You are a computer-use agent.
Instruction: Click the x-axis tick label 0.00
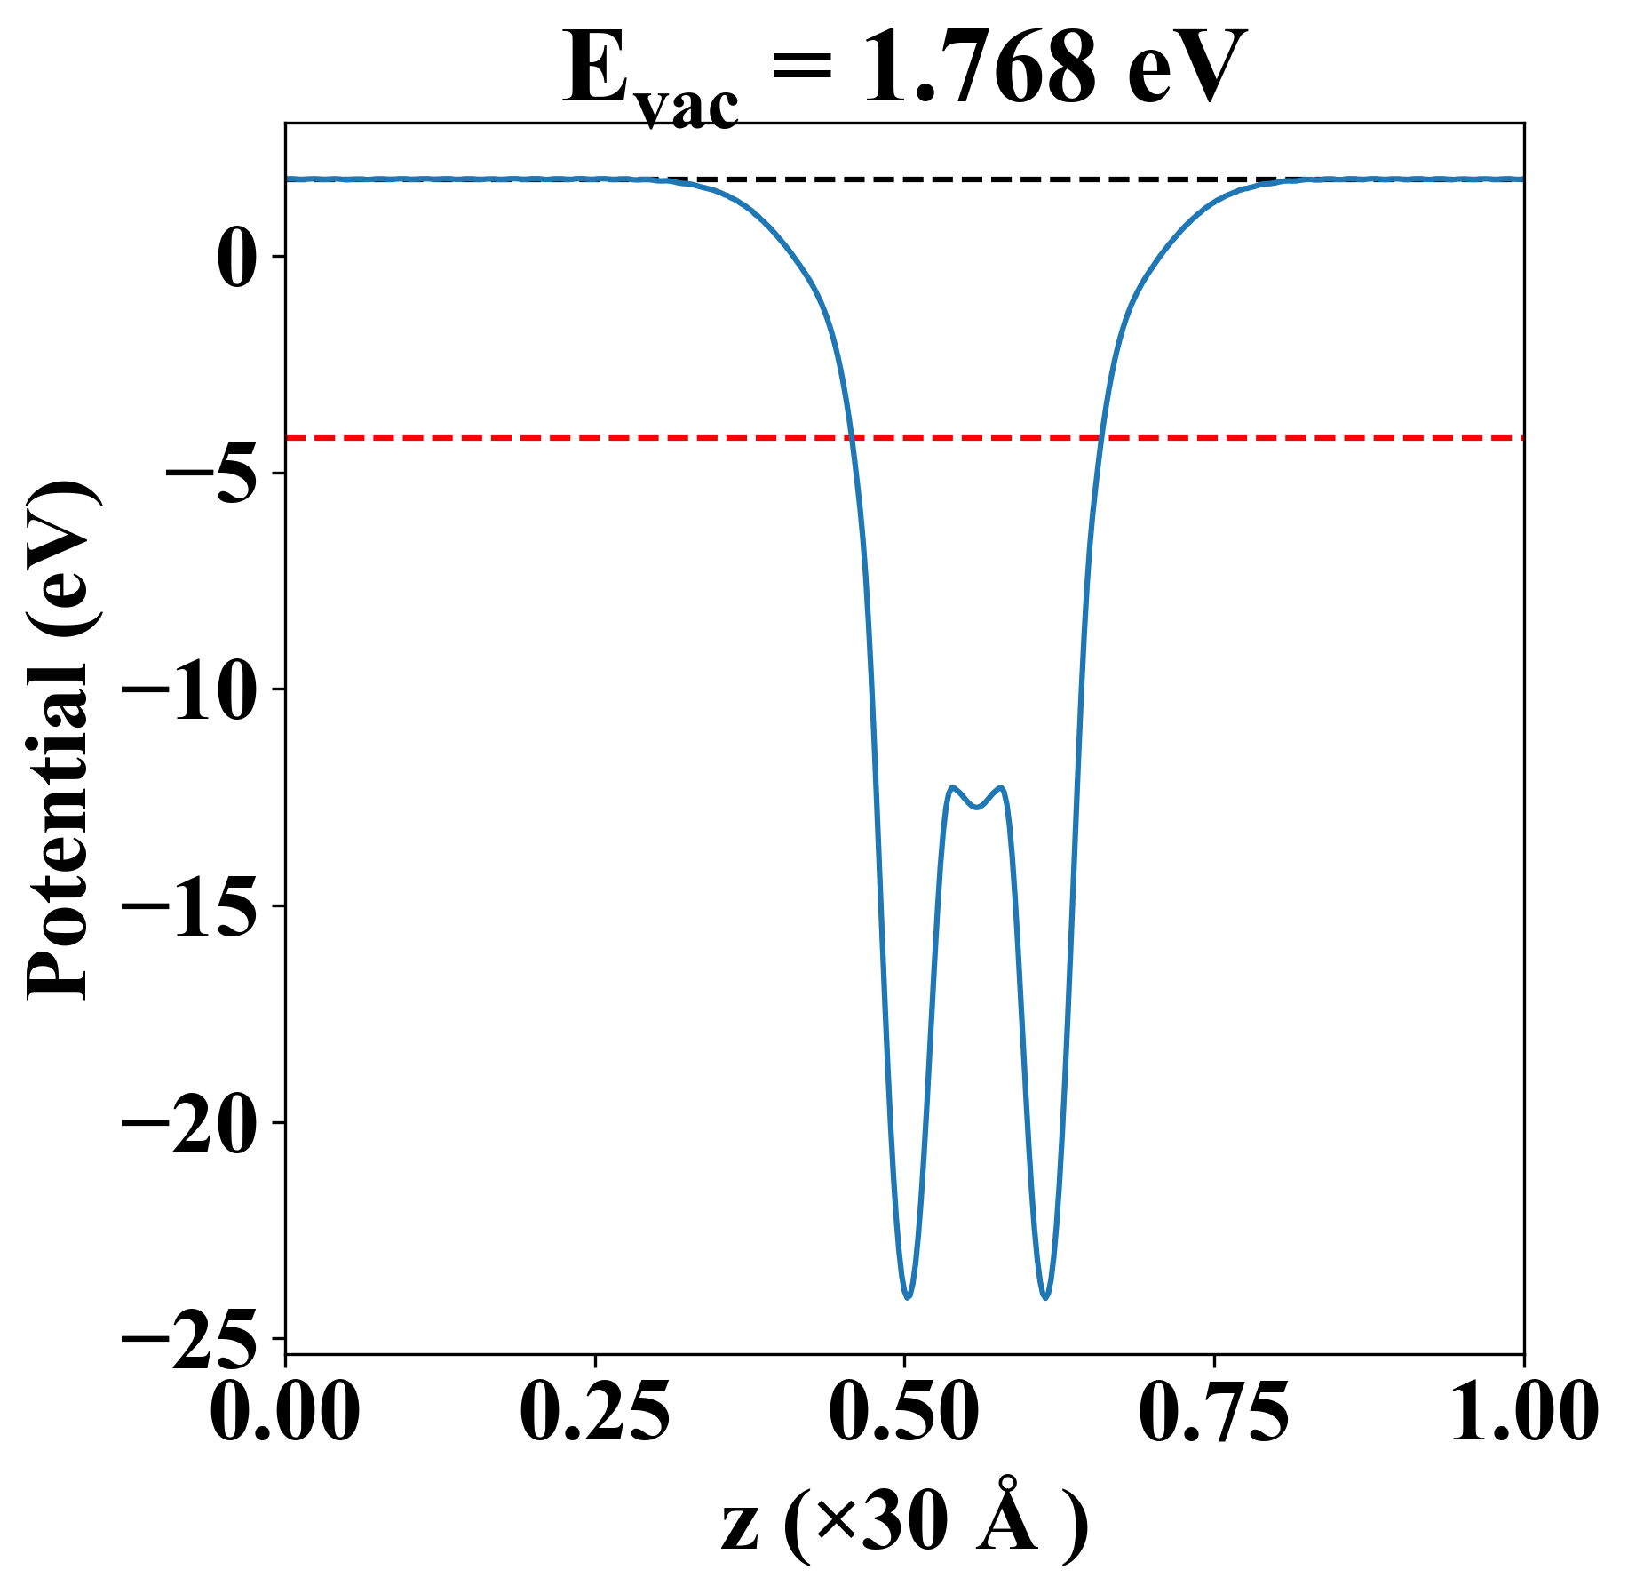click(x=285, y=1412)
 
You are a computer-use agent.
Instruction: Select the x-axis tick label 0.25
click(x=594, y=1412)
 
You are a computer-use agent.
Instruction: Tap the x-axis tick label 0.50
click(x=904, y=1412)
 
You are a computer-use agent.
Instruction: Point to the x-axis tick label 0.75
click(x=1213, y=1412)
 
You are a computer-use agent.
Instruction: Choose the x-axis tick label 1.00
click(x=1522, y=1412)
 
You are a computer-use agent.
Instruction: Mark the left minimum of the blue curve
click(x=908, y=1297)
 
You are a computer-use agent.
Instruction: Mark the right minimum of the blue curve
click(x=1046, y=1297)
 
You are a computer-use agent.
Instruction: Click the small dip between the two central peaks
click(x=977, y=807)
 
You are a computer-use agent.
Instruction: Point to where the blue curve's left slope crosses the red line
click(x=851, y=438)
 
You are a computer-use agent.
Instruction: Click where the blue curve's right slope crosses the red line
click(x=1101, y=438)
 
